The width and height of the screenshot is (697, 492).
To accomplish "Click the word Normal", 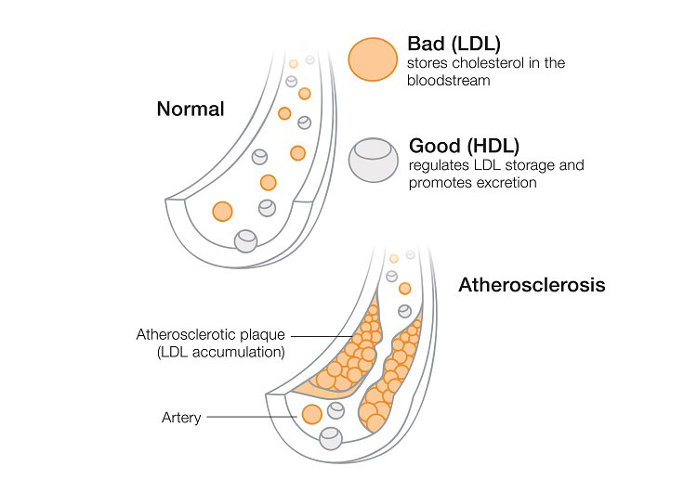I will [x=191, y=109].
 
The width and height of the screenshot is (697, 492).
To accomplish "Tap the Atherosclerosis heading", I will [x=532, y=285].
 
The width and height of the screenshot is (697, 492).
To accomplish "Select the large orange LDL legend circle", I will [x=372, y=60].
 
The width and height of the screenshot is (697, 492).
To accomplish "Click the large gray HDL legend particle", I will [x=373, y=161].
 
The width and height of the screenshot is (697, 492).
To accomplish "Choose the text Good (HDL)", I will [x=464, y=146].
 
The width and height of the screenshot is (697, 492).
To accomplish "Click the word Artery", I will [x=181, y=418].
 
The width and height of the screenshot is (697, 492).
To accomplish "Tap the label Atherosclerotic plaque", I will [x=211, y=334].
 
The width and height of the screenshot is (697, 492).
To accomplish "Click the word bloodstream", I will [x=449, y=81].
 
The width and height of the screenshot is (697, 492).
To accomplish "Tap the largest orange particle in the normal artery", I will [x=222, y=211].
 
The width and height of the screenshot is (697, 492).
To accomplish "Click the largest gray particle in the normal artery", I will [x=246, y=240].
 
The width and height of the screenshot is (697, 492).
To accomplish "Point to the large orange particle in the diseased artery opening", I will [x=311, y=414].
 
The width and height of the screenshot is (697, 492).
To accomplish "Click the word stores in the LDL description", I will [x=425, y=63].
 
